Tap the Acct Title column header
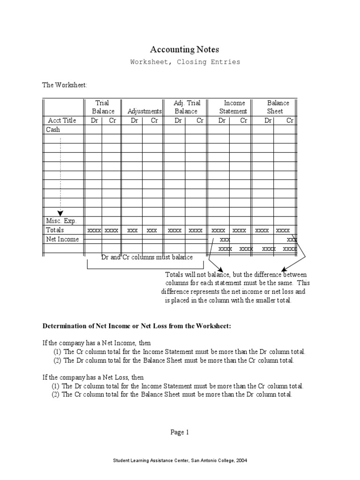(x=62, y=120)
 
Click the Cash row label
(x=53, y=129)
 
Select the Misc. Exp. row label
(x=61, y=221)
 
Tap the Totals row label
(x=55, y=230)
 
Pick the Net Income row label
(x=62, y=240)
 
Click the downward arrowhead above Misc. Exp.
(x=60, y=214)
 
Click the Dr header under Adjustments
(x=135, y=120)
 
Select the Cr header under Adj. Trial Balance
(x=200, y=120)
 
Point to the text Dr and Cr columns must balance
(x=147, y=257)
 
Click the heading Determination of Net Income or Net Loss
(x=137, y=326)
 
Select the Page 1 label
(x=180, y=433)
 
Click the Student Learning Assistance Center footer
(x=180, y=461)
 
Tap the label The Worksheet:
(x=65, y=85)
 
